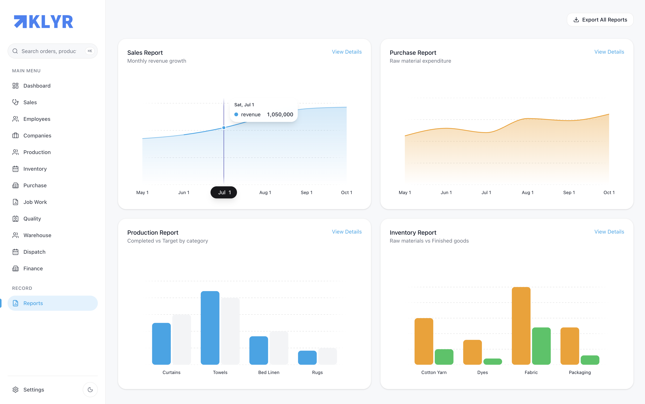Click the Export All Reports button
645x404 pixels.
click(600, 20)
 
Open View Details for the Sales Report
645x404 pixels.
click(346, 52)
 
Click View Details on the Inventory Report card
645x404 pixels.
click(609, 232)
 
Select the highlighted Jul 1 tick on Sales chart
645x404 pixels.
click(224, 192)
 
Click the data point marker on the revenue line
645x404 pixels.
click(224, 128)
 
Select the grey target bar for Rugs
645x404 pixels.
click(328, 356)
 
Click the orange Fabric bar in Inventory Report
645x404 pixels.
click(521, 326)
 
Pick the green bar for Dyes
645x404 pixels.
click(493, 362)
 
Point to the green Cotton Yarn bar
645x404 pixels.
click(444, 357)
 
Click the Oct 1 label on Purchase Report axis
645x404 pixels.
click(609, 192)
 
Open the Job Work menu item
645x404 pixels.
click(35, 202)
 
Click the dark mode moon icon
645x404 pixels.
click(90, 390)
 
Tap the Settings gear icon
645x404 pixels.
click(15, 390)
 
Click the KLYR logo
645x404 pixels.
click(44, 22)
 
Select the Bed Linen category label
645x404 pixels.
click(269, 372)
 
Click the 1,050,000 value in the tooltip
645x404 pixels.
click(280, 114)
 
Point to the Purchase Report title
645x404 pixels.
click(413, 53)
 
